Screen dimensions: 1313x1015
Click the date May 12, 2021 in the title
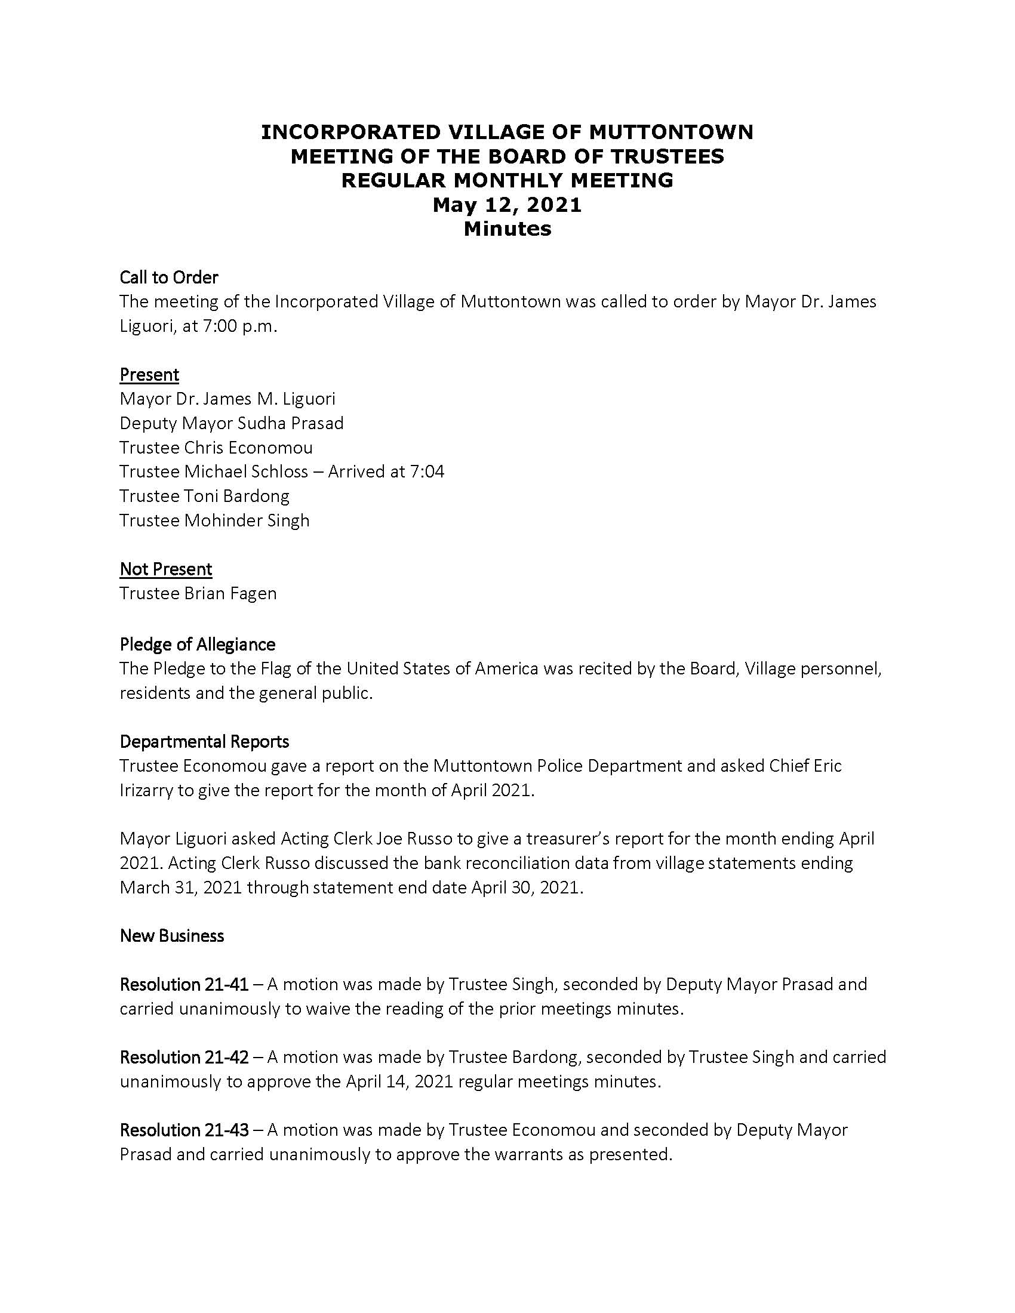[x=507, y=204]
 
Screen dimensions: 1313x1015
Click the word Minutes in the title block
[x=507, y=229]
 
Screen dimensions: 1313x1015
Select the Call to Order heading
[x=168, y=277]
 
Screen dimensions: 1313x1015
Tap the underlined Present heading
[x=149, y=375]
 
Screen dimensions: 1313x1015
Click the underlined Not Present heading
[x=166, y=569]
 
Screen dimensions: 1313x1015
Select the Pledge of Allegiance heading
[x=197, y=645]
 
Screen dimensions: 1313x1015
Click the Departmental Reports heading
[x=204, y=742]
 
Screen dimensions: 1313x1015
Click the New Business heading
[x=172, y=935]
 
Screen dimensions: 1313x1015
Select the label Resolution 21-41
[x=184, y=984]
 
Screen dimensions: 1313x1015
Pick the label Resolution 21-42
[x=184, y=1057]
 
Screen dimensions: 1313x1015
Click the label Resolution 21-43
[x=184, y=1130]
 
